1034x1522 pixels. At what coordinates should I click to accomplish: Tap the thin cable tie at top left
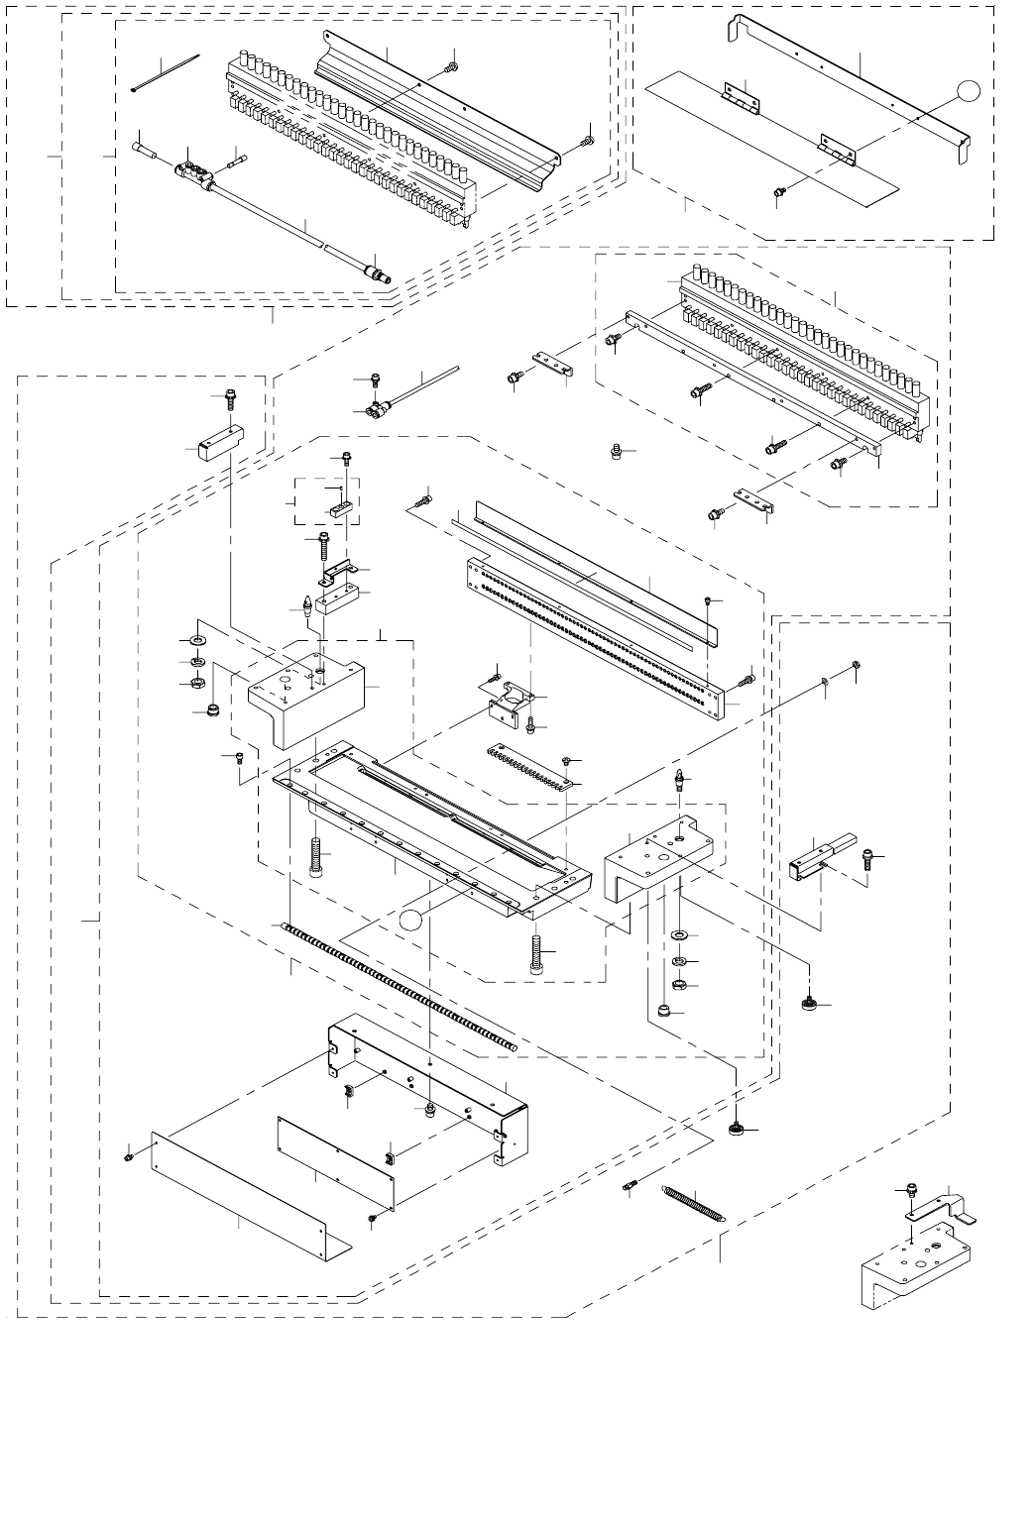click(166, 73)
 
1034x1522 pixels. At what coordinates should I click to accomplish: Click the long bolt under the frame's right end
click(537, 955)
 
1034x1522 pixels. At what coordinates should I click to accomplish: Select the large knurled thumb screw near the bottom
click(737, 1129)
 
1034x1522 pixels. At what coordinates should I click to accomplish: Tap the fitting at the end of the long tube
click(377, 269)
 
